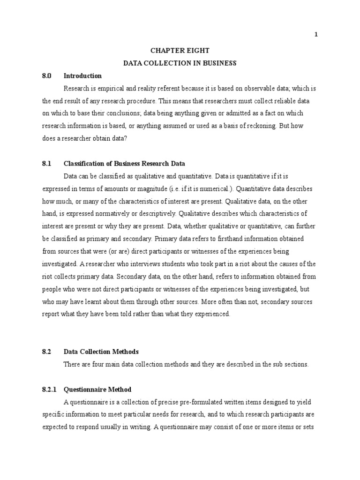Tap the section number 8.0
46,75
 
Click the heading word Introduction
82,75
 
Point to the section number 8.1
46,164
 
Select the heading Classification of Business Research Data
124,164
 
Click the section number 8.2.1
49,390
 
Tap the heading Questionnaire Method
97,390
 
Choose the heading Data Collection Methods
101,352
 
